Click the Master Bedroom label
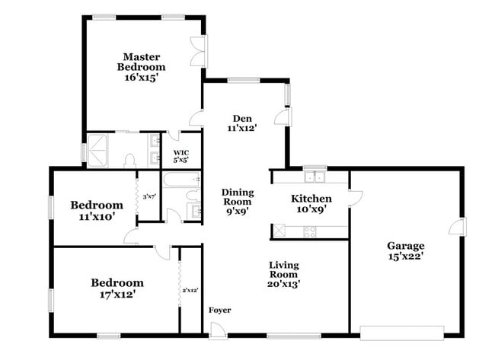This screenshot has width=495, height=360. point(141,61)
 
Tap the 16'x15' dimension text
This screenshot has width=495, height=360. point(141,78)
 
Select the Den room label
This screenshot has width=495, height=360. point(242,118)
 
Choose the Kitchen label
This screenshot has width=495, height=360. point(311,199)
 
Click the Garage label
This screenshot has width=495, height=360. point(406,246)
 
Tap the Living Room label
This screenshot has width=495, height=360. point(283,269)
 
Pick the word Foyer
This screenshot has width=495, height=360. point(220,310)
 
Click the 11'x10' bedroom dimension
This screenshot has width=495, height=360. point(97,217)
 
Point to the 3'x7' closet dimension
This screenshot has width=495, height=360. point(148,197)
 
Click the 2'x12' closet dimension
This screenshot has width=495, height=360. point(190,290)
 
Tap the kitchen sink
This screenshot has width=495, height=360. point(315,177)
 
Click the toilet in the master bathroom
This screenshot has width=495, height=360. point(129,160)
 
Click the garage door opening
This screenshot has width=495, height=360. point(401,332)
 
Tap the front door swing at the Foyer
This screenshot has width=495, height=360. point(219,330)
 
